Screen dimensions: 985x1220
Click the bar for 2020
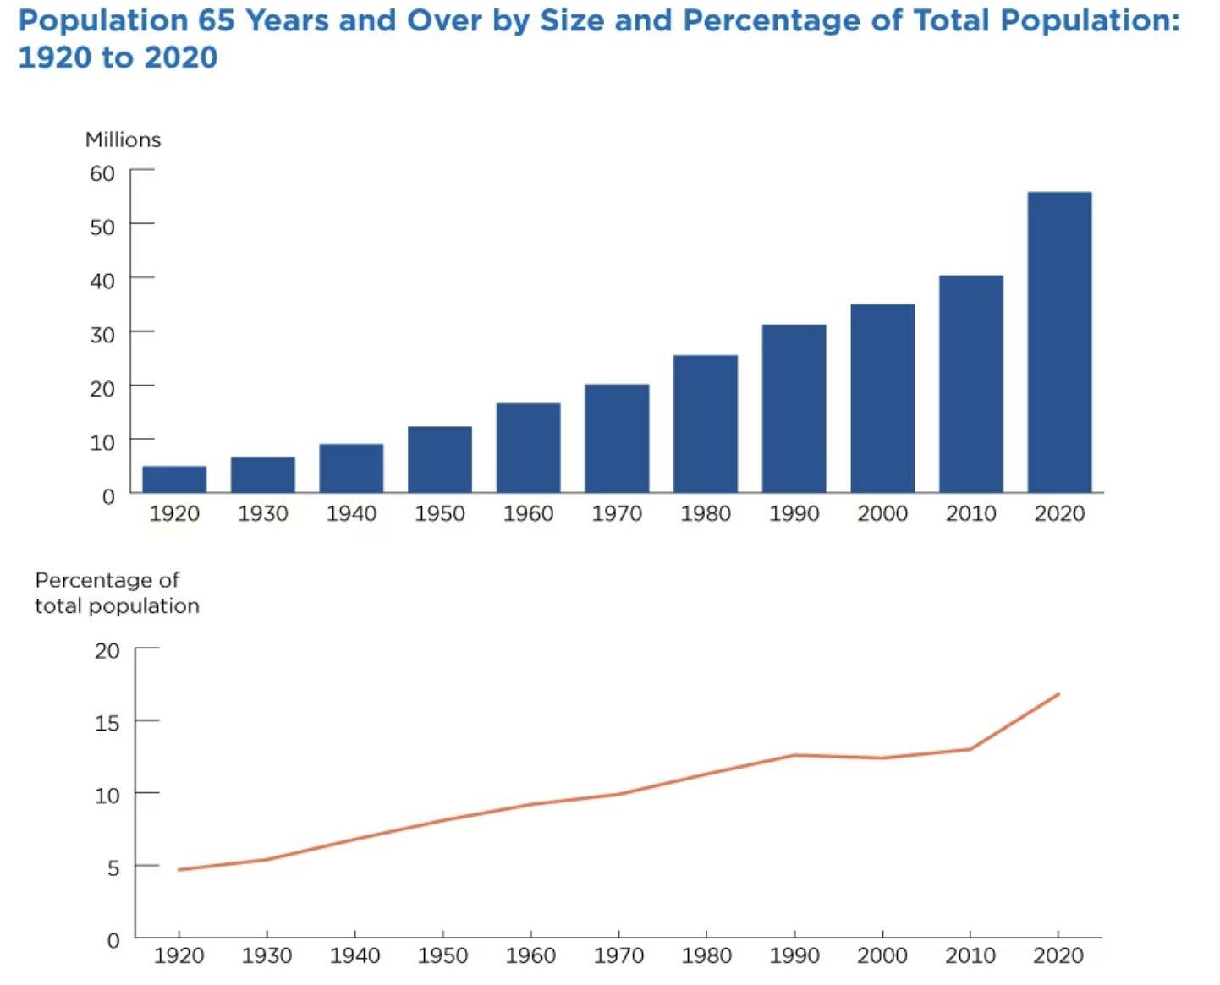pos(1059,342)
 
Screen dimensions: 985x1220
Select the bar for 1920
pos(174,479)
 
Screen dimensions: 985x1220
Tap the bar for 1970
pos(617,438)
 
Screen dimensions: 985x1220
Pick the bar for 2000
pos(882,398)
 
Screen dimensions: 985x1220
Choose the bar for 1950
pos(440,459)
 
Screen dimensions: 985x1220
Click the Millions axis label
pos(123,140)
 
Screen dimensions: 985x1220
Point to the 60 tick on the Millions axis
pos(102,173)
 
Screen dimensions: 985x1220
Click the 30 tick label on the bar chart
pos(102,335)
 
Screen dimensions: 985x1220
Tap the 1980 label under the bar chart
pos(706,513)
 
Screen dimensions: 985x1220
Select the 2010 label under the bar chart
pos(971,513)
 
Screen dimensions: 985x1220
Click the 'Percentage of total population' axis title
pos(117,593)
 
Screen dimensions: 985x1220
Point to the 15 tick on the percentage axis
pos(107,723)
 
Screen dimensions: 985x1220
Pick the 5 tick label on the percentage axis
pos(113,867)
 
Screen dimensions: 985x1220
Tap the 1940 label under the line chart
pos(354,955)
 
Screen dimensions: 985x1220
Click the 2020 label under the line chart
pos(1058,955)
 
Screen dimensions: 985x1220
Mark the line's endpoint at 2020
pos(1058,694)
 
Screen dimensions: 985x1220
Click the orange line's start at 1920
pos(179,869)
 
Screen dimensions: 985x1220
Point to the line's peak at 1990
pos(794,755)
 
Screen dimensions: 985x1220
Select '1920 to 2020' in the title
pos(118,57)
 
